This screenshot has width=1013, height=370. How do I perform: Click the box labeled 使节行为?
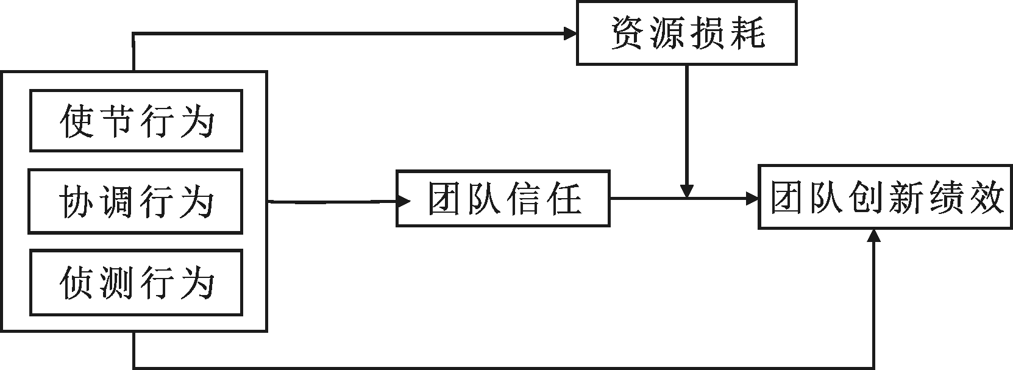(136, 121)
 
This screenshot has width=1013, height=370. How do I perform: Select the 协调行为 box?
(135, 202)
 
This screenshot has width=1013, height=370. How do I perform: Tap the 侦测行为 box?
(136, 282)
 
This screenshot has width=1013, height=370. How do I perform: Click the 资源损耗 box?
(686, 34)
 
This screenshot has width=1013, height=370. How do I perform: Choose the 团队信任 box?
(503, 199)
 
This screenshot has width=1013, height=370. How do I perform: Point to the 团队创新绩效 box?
(885, 197)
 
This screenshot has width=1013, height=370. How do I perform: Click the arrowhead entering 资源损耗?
(570, 34)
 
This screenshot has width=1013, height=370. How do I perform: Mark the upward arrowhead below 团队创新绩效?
(875, 237)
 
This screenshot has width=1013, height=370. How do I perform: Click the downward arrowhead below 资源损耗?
(687, 191)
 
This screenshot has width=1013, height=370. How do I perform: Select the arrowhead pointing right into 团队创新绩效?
(752, 198)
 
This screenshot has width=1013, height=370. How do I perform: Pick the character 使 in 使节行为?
(77, 121)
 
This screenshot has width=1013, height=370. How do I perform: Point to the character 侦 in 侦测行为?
(76, 283)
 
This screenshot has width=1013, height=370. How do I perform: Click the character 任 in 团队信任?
(564, 199)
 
